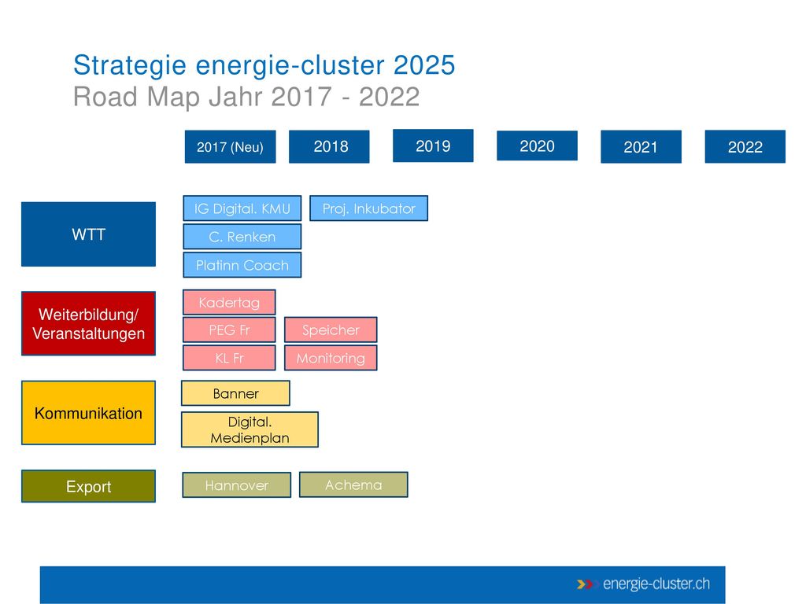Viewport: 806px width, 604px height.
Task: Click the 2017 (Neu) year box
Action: pos(230,147)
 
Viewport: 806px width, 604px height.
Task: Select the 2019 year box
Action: pos(433,145)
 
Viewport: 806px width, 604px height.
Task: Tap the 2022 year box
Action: pos(745,147)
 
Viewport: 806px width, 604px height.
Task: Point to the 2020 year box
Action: pos(537,145)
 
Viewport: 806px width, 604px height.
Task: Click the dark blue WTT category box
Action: pos(88,234)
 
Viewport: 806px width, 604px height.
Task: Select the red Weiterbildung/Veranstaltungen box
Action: pos(88,323)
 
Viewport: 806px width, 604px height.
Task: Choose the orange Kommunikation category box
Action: pos(88,412)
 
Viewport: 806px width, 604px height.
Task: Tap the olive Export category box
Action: pos(88,486)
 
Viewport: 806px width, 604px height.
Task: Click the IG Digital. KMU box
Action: pos(242,208)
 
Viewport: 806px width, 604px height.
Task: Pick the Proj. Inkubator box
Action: pos(368,208)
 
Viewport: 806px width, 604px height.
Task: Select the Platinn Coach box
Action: pos(242,265)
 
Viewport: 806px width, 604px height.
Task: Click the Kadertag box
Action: pos(229,303)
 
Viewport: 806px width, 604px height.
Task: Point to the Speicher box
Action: pos(331,330)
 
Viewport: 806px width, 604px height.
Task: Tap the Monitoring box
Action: pos(331,358)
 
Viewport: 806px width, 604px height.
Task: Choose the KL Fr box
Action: pos(229,358)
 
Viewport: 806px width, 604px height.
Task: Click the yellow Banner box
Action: pos(235,393)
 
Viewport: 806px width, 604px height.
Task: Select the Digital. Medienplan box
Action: pos(250,429)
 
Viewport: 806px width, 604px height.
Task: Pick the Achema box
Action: pos(353,484)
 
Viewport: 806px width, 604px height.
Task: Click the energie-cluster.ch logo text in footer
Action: pos(656,584)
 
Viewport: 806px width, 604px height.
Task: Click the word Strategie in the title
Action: pos(130,66)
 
